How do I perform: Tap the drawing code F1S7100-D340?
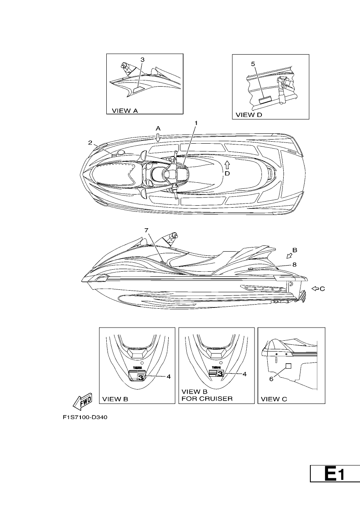(85, 417)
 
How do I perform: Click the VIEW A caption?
(125, 111)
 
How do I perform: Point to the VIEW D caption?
(249, 115)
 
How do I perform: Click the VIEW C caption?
(274, 399)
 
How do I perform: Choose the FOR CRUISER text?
(207, 399)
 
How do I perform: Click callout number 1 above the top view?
(196, 123)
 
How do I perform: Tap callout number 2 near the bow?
(90, 143)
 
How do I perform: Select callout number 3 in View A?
(142, 60)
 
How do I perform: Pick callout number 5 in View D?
(253, 64)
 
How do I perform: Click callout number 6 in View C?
(271, 379)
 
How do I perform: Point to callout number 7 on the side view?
(147, 230)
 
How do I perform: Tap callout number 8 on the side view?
(294, 264)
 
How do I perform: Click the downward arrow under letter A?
(158, 138)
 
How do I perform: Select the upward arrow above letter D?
(227, 165)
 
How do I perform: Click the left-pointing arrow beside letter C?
(315, 289)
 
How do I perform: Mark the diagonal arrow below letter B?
(289, 256)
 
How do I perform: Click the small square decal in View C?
(288, 366)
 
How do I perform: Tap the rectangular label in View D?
(265, 99)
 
